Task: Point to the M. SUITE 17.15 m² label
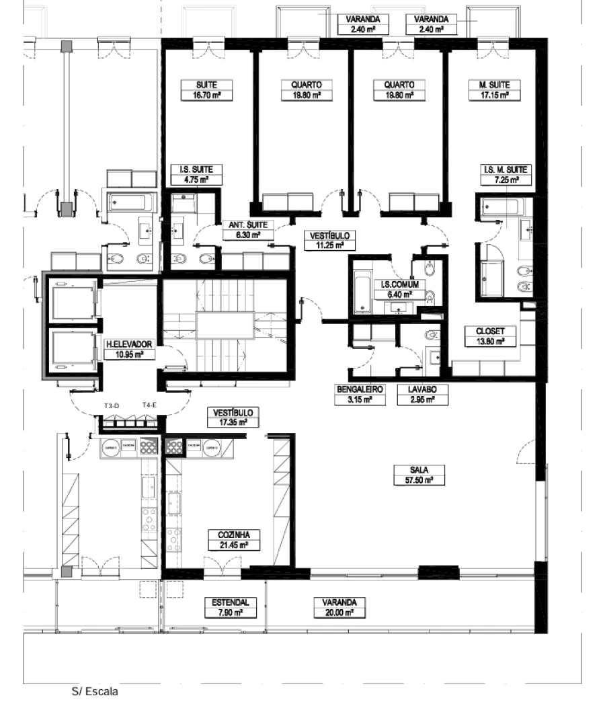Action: click(x=489, y=90)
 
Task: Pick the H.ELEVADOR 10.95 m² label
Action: click(x=130, y=348)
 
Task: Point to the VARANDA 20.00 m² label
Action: click(x=339, y=608)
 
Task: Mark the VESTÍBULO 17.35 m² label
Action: click(x=232, y=417)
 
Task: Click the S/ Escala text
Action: click(x=89, y=691)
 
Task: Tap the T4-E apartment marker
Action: click(x=149, y=405)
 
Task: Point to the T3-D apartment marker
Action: click(x=112, y=405)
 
